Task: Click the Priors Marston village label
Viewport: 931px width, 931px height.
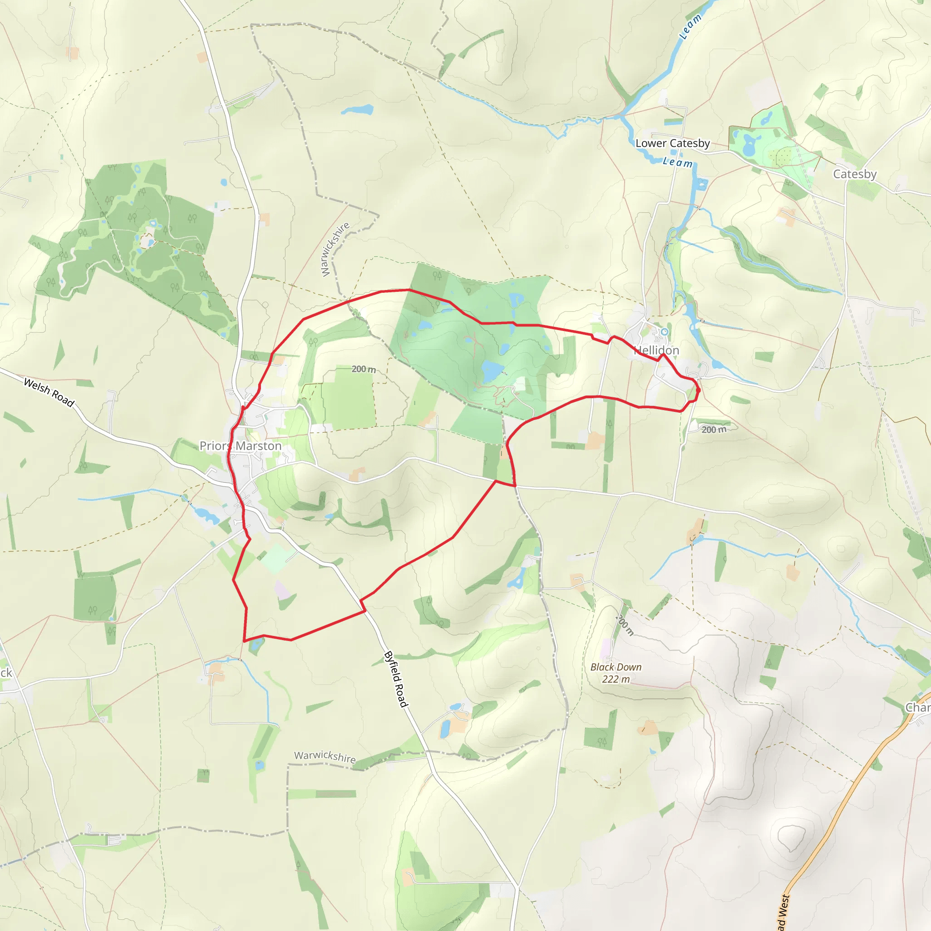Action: pyautogui.click(x=240, y=446)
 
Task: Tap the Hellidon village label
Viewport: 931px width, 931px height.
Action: pyautogui.click(x=656, y=350)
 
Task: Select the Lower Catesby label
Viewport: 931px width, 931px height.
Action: pyautogui.click(x=672, y=143)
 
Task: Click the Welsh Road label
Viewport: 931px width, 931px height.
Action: pyautogui.click(x=49, y=392)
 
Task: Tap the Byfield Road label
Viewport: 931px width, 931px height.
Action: pyautogui.click(x=395, y=680)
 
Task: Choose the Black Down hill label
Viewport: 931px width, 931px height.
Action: pyautogui.click(x=616, y=667)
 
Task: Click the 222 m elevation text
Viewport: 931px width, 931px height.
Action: pyautogui.click(x=616, y=679)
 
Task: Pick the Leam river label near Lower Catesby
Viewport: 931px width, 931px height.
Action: pyautogui.click(x=677, y=162)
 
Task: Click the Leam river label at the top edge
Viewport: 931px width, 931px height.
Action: pyautogui.click(x=690, y=26)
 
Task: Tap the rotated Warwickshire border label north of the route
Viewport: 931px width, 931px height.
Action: pyautogui.click(x=335, y=249)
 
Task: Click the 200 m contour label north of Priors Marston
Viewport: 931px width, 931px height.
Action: pyautogui.click(x=363, y=369)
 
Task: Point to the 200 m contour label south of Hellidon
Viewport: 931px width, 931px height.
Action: pyautogui.click(x=714, y=429)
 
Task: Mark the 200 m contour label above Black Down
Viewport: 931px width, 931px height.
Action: pyautogui.click(x=625, y=625)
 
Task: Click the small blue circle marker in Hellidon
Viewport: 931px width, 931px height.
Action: pyautogui.click(x=665, y=331)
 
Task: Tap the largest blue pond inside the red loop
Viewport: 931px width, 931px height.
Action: pyautogui.click(x=491, y=371)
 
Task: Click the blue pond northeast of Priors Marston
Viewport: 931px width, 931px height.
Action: pyautogui.click(x=357, y=110)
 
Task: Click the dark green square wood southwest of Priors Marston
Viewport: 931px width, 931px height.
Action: pyautogui.click(x=95, y=597)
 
